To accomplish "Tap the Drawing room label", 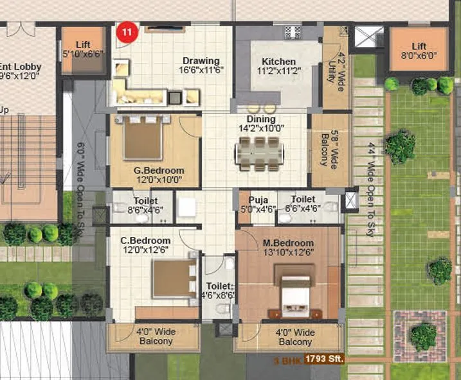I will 200,65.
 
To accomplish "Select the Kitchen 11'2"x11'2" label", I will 278,67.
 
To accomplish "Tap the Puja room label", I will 258,203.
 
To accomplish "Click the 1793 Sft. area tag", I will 323,359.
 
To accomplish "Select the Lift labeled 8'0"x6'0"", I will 419,51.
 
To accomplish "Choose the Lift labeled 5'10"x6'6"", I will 83,49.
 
